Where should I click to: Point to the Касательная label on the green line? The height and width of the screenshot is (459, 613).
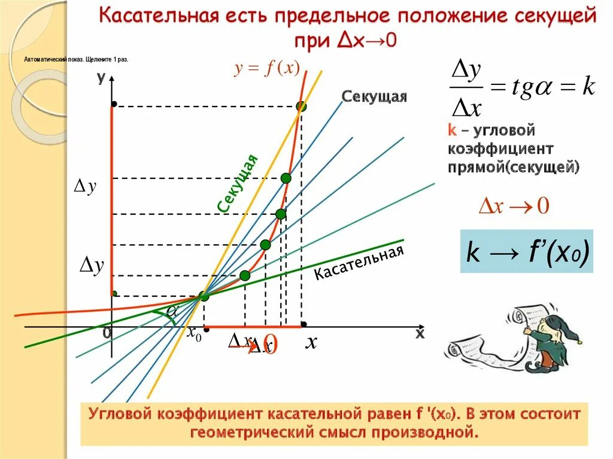pos(359,263)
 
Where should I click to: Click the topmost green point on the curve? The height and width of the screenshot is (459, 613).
pos(301,107)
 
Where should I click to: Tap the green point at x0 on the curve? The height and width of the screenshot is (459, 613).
pos(204,296)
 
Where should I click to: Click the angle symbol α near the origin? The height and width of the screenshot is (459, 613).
pos(173,311)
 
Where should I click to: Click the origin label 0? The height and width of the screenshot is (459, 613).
pos(107,333)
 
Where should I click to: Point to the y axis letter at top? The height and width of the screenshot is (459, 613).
pos(101,77)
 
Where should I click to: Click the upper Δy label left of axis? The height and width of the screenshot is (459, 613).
pos(84,187)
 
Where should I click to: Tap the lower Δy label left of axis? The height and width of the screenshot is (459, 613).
pos(92,266)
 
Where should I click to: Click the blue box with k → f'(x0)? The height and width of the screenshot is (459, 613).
pos(526,251)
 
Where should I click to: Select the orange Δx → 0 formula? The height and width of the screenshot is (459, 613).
pos(514,206)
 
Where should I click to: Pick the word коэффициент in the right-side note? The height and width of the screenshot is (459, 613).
pos(500,148)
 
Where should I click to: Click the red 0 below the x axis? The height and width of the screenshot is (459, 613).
pos(271,346)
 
